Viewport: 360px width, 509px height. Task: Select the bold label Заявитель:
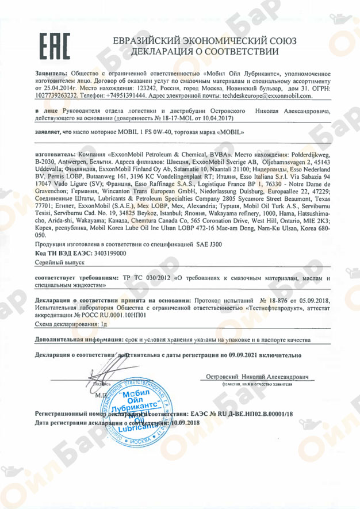coord(51,75)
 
